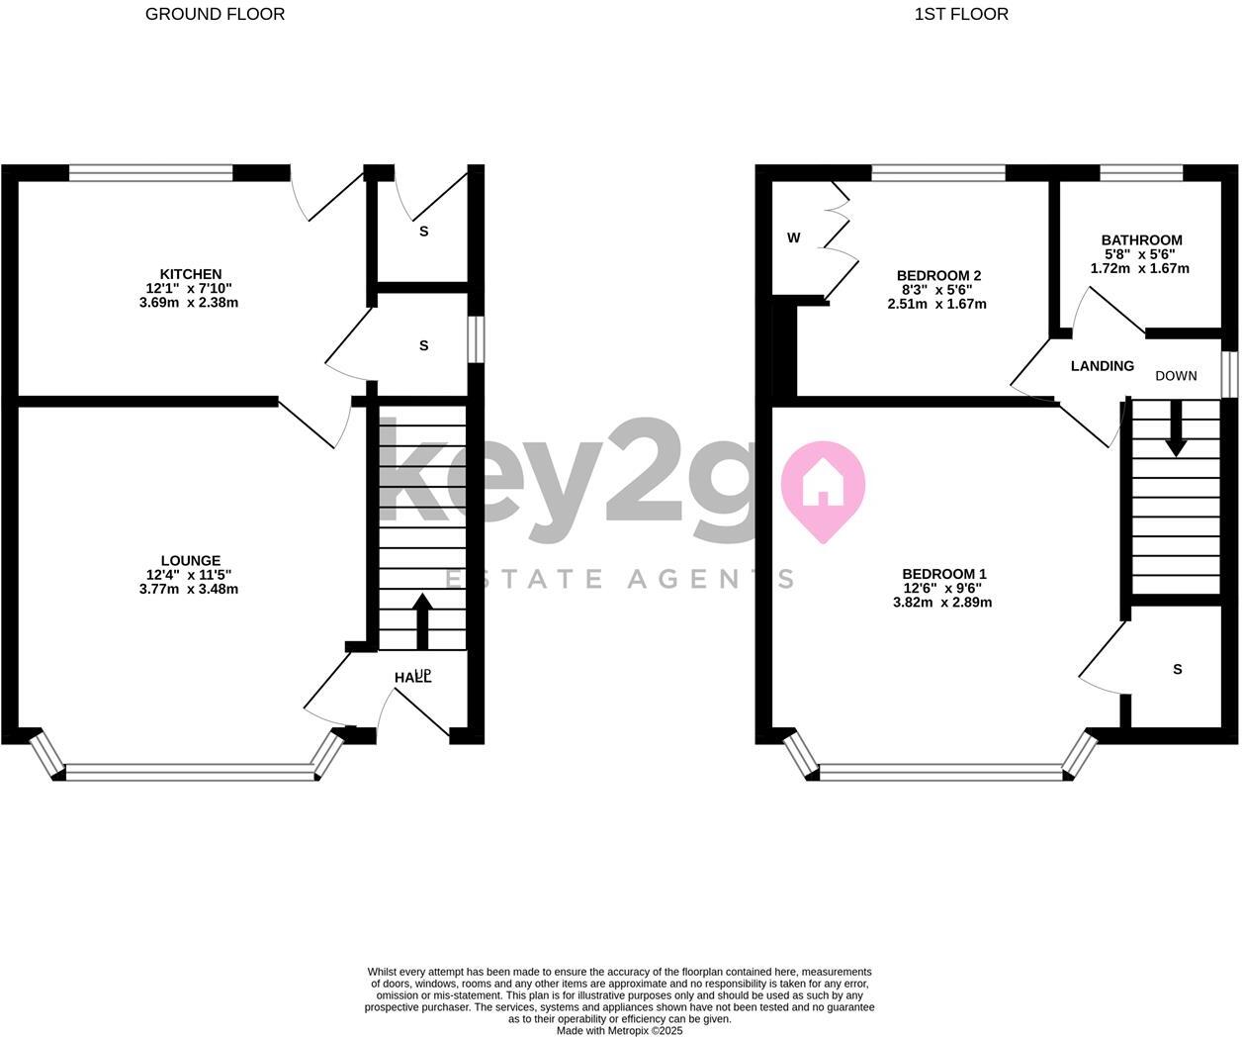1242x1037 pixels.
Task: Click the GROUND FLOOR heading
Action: point(215,14)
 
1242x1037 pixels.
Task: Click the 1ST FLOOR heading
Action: point(961,14)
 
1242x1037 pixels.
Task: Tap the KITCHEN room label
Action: point(191,274)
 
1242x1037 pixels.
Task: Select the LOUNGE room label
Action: point(191,560)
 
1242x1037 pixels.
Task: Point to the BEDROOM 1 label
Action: point(944,574)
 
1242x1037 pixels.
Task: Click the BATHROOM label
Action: point(1141,239)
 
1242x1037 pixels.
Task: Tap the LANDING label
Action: point(1102,366)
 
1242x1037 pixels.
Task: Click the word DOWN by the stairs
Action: point(1176,376)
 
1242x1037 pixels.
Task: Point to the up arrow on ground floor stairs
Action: point(422,620)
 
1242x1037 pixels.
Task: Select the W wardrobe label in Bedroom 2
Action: point(793,238)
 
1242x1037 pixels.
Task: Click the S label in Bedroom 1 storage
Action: point(1177,669)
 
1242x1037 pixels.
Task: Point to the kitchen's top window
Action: point(151,173)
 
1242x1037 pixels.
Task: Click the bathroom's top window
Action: point(1141,173)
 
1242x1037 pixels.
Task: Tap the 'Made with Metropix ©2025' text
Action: point(619,1030)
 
